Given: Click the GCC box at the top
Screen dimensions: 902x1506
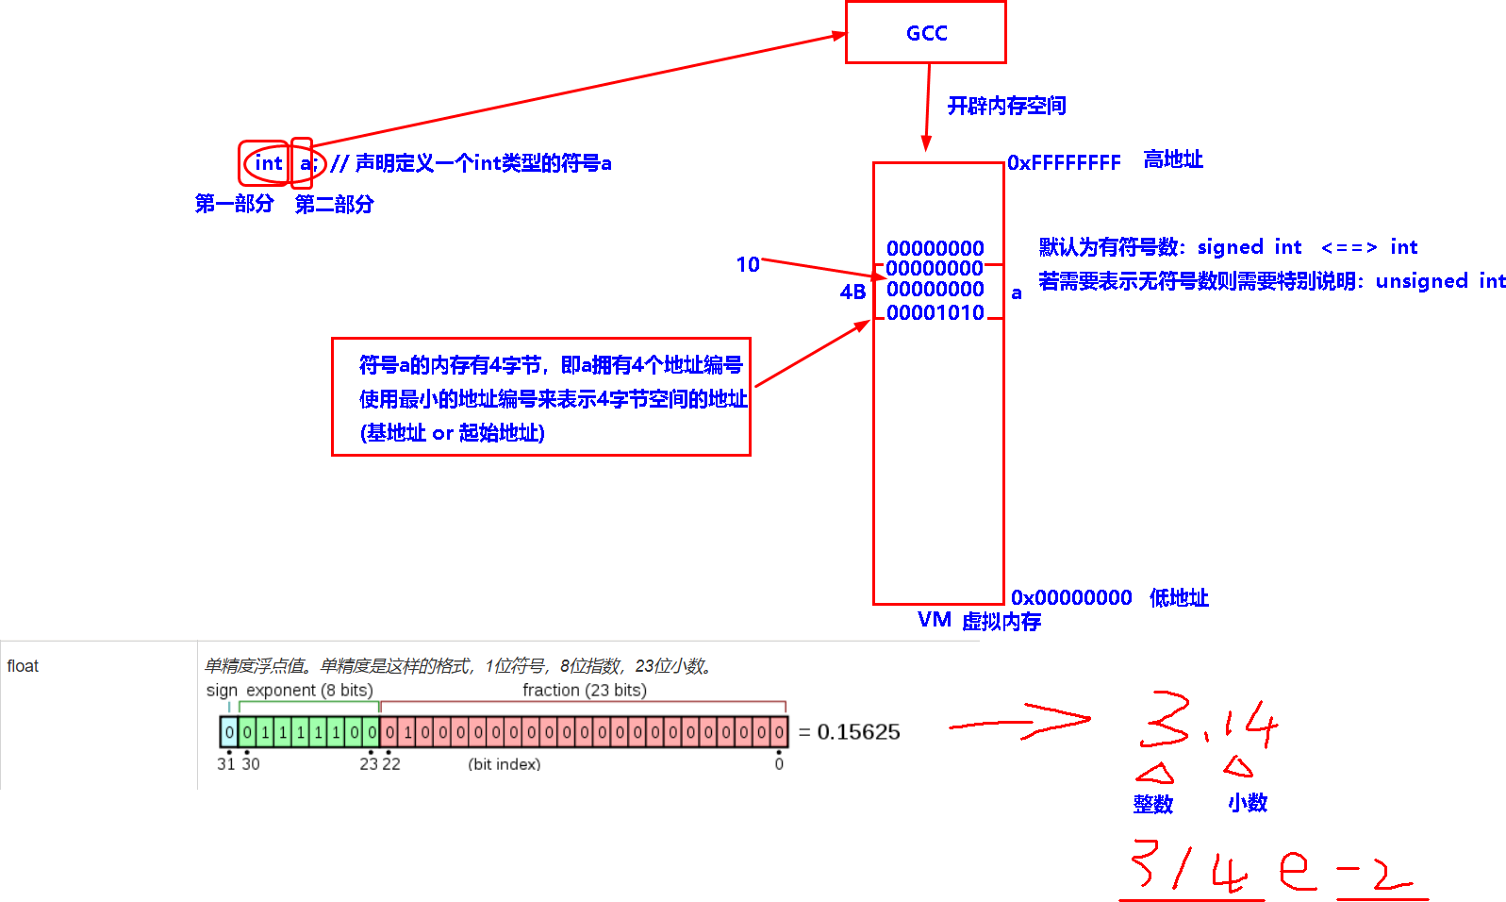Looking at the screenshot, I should (925, 33).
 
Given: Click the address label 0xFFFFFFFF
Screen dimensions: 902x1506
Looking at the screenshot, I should (1064, 163).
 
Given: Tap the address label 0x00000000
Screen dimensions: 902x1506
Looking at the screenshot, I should (1071, 597).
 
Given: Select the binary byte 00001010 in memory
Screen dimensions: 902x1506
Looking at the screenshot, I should (935, 312).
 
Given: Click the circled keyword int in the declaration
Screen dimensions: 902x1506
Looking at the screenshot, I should (268, 163).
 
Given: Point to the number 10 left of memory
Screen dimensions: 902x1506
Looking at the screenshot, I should (748, 265).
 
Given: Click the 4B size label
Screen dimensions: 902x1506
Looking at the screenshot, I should (852, 292).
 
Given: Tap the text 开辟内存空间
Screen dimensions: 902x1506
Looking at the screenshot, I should (1006, 106).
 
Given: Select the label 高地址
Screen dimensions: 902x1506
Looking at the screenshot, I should (1173, 159).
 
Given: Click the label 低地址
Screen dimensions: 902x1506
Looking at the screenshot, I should (1179, 597).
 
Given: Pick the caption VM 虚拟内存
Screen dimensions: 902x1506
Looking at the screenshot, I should (979, 621).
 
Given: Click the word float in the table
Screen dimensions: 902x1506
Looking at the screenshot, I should (23, 666).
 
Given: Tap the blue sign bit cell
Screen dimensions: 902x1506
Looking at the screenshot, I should (229, 731).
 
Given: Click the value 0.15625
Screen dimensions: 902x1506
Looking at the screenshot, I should (858, 732).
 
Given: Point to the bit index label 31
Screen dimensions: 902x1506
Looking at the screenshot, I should (226, 763).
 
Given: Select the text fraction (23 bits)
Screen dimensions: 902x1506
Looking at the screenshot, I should (585, 690).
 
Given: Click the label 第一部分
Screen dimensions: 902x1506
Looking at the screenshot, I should (234, 204).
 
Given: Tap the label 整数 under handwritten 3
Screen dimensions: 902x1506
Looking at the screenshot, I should (1152, 804).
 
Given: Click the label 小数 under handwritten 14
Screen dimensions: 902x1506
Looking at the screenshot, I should (1247, 803).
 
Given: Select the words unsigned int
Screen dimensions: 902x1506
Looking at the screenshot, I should (1440, 281).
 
